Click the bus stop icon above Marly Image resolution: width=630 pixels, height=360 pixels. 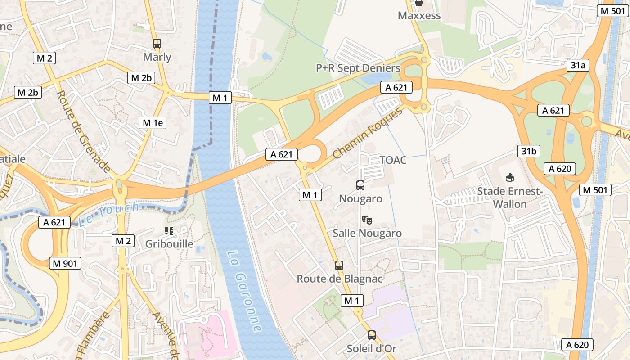[x=157, y=44]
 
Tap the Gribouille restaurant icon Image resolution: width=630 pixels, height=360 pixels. [x=169, y=231]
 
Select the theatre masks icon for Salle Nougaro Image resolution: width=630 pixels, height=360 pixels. [x=367, y=220]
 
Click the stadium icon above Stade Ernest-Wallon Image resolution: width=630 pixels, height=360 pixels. [x=509, y=178]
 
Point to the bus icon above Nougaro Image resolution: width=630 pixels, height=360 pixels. [x=360, y=185]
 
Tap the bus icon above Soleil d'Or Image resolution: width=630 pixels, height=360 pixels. [x=371, y=335]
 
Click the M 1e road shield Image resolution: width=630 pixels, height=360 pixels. [x=153, y=122]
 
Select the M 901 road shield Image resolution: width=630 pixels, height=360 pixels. [x=65, y=263]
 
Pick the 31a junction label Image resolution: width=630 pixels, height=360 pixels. [x=578, y=65]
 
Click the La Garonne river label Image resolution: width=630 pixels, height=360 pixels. [x=243, y=291]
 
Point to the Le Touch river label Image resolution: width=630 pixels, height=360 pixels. [x=108, y=215]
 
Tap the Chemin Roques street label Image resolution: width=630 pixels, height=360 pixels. [x=368, y=134]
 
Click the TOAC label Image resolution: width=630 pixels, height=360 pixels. [x=393, y=160]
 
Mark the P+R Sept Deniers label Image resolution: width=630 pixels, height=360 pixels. [x=358, y=68]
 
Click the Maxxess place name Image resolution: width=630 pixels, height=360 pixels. [x=419, y=16]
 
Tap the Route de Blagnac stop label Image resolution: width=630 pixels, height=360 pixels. [x=339, y=279]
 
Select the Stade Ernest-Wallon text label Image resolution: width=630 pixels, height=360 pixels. [x=510, y=198]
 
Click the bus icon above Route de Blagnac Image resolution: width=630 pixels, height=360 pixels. [x=339, y=265]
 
